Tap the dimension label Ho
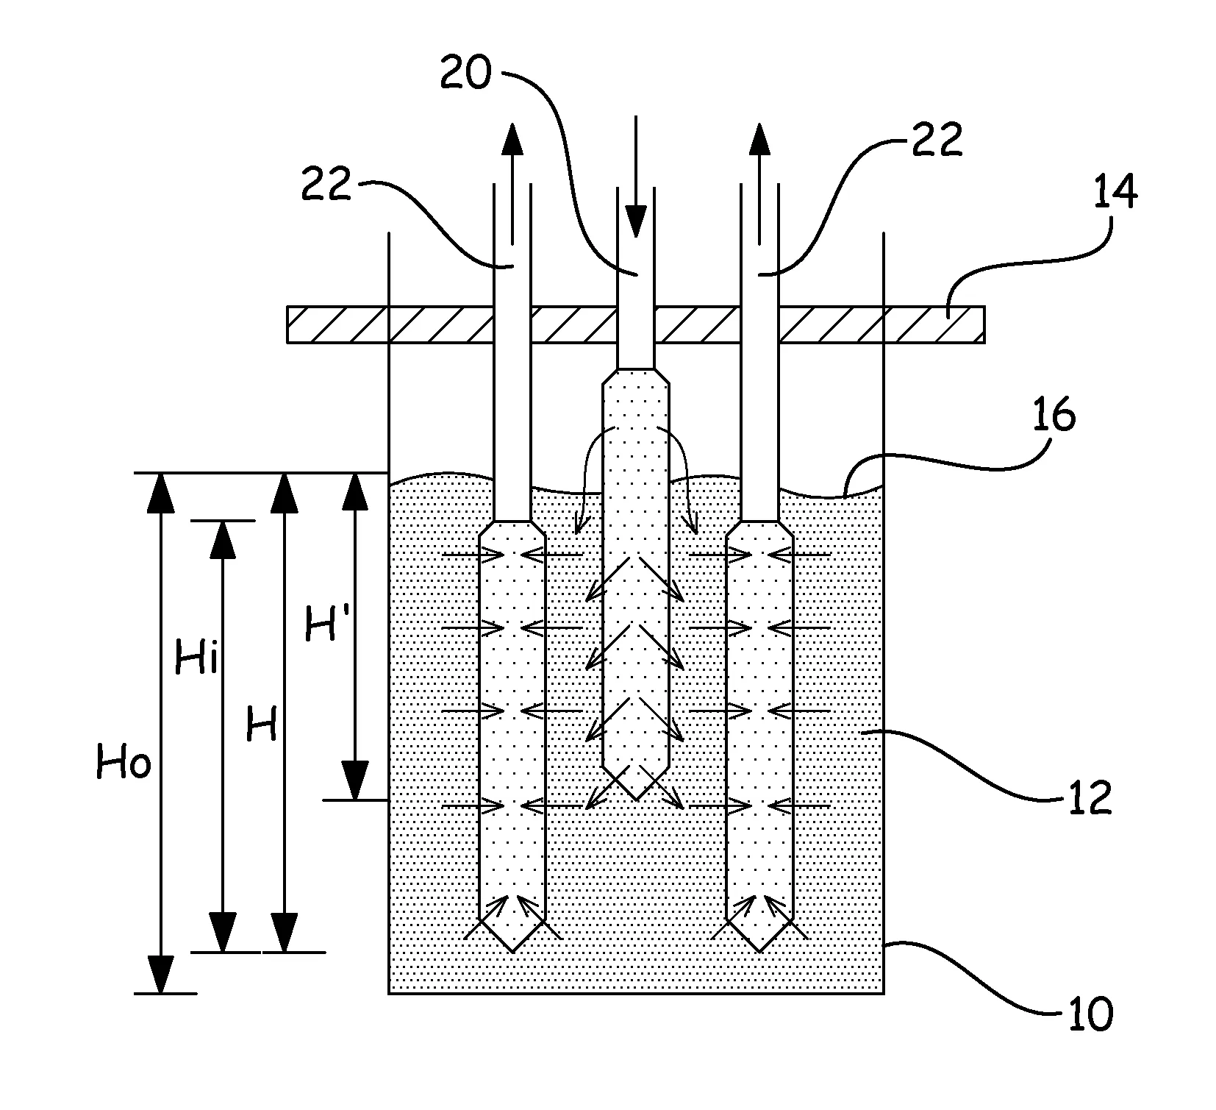coord(124,764)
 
